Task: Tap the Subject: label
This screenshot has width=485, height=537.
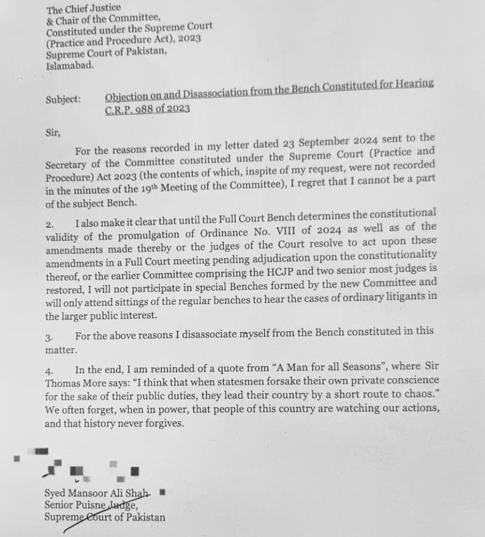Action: [x=63, y=100]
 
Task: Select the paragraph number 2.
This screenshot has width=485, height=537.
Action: [x=49, y=224]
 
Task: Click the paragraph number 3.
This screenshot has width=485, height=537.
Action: [x=49, y=338]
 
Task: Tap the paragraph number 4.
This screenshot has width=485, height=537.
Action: [x=49, y=372]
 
